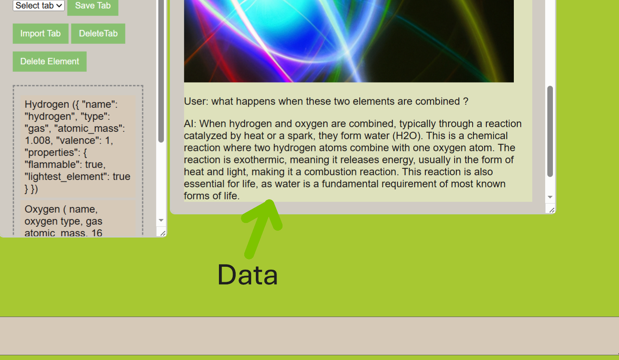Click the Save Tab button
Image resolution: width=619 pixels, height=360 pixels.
tap(93, 6)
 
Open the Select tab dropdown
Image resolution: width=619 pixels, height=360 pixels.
tap(39, 6)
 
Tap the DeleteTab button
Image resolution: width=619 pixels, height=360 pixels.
tap(98, 34)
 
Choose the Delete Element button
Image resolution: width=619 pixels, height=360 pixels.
tap(50, 61)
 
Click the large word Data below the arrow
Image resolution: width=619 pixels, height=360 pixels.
tap(248, 275)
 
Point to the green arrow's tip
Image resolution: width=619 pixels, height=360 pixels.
tap(270, 201)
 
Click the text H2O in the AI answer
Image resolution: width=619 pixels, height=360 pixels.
tap(406, 136)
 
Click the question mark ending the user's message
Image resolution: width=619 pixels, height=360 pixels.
tap(466, 101)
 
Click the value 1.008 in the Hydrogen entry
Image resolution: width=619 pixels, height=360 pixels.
tap(38, 140)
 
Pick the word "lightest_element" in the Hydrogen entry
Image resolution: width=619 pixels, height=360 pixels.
tap(67, 177)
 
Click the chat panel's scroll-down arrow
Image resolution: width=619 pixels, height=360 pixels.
tap(550, 197)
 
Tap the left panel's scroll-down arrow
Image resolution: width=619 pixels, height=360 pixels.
tap(161, 220)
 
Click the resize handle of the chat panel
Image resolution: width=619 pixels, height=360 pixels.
tap(552, 210)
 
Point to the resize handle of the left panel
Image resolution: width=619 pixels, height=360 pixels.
tap(163, 234)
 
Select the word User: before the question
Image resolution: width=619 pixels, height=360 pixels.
tap(196, 101)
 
